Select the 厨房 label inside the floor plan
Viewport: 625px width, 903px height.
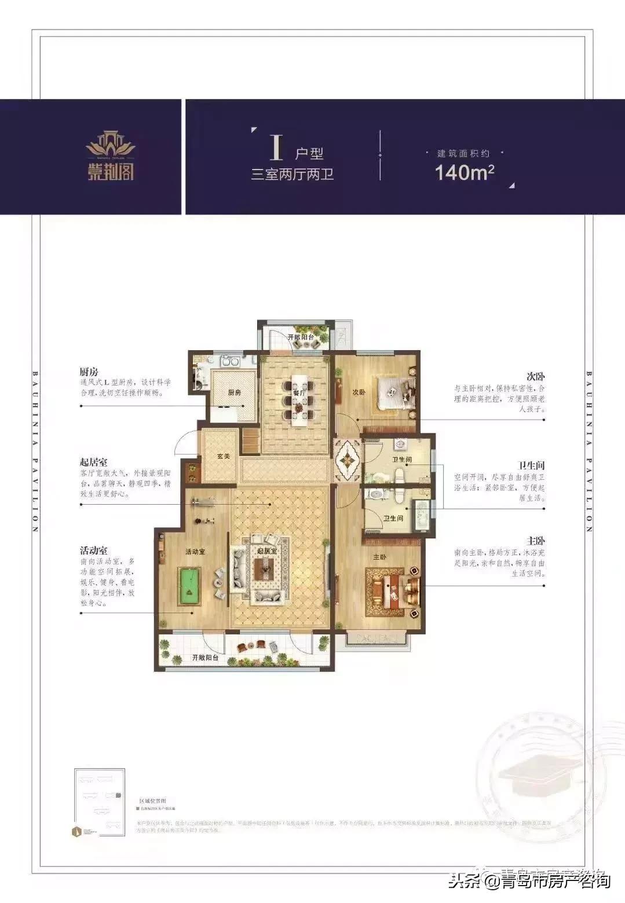click(x=234, y=392)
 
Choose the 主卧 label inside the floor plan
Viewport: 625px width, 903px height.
click(x=379, y=557)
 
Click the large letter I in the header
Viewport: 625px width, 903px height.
click(x=276, y=146)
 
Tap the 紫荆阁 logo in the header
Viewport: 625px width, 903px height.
click(x=111, y=156)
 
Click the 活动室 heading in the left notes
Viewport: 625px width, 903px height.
click(x=94, y=550)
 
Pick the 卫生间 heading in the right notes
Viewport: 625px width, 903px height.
click(x=531, y=465)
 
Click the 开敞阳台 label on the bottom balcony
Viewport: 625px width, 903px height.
click(x=205, y=658)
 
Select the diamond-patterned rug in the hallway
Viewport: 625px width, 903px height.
click(x=348, y=461)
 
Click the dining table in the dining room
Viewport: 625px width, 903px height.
click(x=300, y=399)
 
